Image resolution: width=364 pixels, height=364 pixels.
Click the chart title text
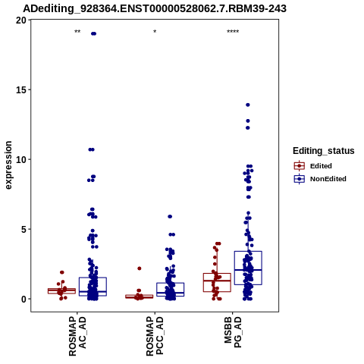point(155,8)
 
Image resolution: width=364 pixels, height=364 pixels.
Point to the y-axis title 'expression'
point(8,165)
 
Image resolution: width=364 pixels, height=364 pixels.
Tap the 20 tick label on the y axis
point(21,20)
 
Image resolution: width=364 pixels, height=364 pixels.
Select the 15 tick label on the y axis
point(21,90)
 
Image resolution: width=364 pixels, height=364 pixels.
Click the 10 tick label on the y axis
point(21,160)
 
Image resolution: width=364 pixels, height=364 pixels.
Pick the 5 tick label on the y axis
point(24,230)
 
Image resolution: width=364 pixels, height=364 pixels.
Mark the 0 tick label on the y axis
point(24,300)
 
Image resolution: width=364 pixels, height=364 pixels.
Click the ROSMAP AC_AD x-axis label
point(77,336)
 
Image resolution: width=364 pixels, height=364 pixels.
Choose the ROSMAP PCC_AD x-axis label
point(155,336)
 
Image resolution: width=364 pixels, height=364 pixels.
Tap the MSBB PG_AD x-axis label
point(233,332)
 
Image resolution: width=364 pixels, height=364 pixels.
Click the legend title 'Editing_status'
point(324,151)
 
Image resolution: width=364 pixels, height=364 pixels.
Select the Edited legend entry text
point(321,166)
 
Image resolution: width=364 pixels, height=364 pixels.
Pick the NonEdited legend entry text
point(328,179)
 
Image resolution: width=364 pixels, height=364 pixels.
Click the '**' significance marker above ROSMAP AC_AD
point(77,32)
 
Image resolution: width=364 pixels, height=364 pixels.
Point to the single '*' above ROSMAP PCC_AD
point(155,32)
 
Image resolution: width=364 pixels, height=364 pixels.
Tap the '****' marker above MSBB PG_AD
point(233,32)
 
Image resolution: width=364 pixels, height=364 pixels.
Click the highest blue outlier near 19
point(93,33)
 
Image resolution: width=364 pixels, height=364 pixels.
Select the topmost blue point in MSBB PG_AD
point(248,105)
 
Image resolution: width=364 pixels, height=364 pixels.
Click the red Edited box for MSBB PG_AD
point(218,283)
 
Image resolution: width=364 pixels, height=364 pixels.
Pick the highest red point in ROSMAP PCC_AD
point(140,268)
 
